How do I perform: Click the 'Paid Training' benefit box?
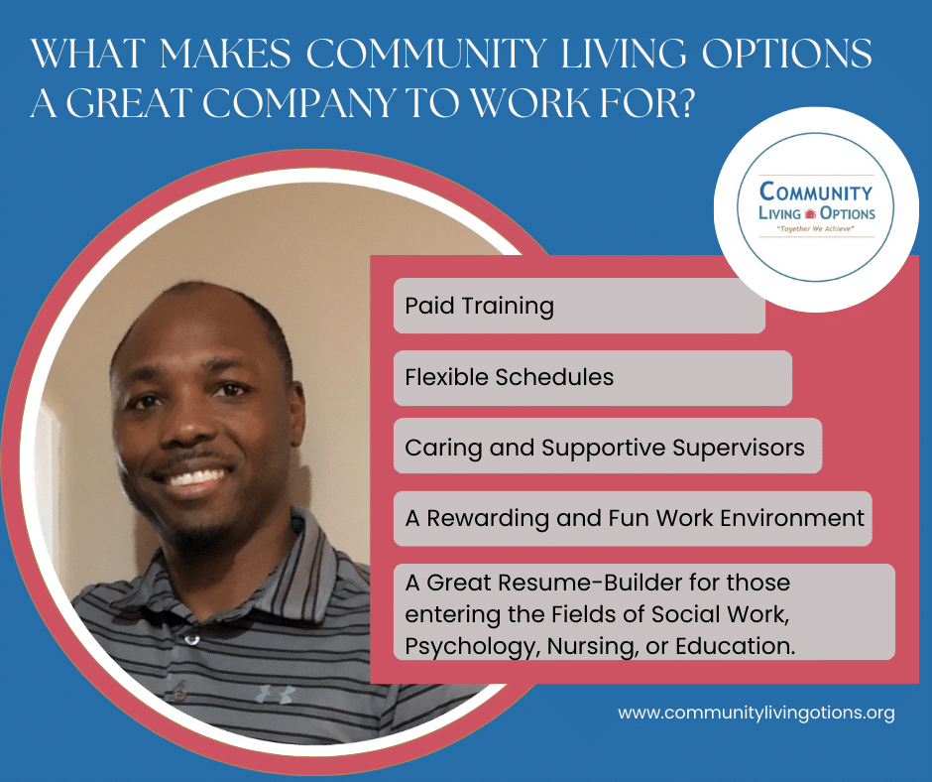pos(579,306)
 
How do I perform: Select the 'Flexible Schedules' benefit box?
pos(593,378)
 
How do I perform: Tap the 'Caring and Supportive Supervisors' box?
pos(608,446)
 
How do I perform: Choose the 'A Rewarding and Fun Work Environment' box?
pos(633,518)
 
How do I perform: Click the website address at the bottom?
pos(757,713)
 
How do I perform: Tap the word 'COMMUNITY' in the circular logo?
pos(816,192)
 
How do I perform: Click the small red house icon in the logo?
pos(810,213)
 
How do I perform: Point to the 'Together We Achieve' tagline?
pos(815,228)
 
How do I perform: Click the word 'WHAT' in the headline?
pos(88,53)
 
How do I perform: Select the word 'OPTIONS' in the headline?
pos(787,53)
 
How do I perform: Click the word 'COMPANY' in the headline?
pos(298,102)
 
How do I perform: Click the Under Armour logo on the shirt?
pos(276,694)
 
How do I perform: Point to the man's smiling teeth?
pos(192,476)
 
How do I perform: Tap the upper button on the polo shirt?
pos(191,640)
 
